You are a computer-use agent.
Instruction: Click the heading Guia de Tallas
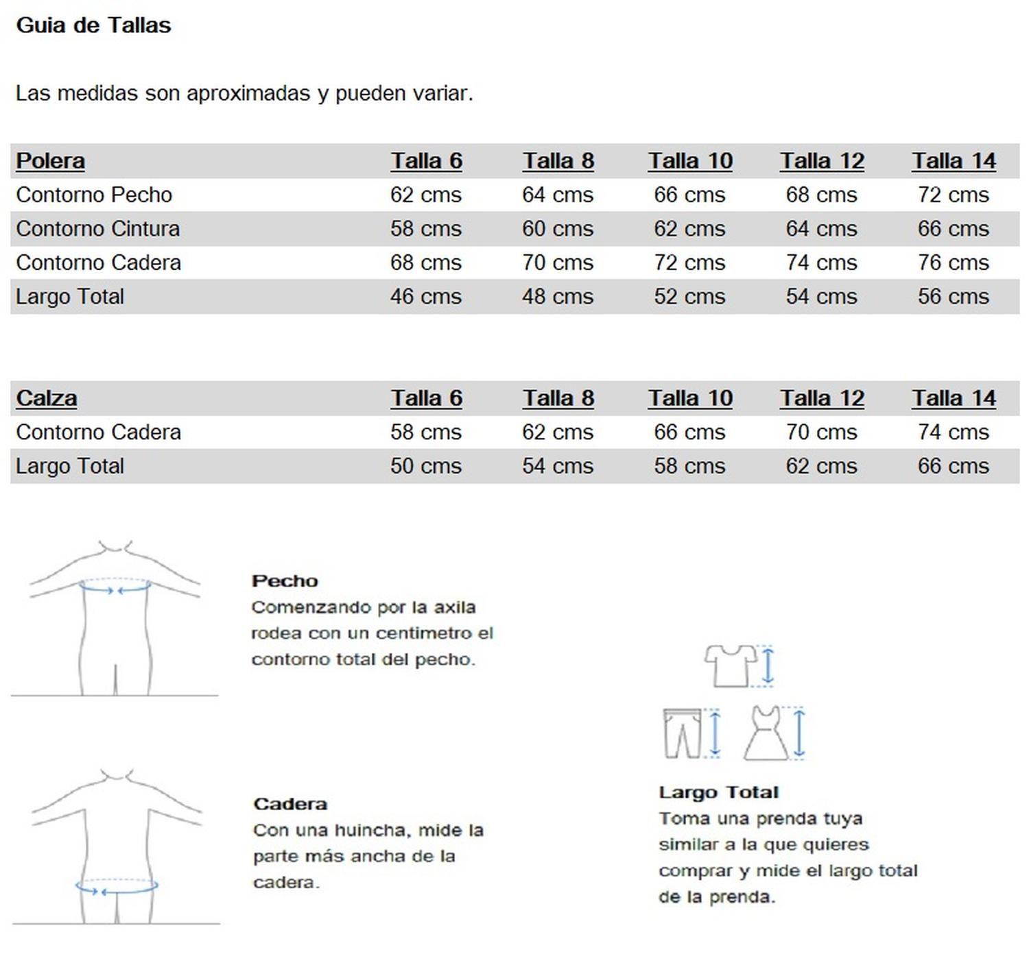(x=93, y=25)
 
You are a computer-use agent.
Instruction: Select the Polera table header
(x=50, y=161)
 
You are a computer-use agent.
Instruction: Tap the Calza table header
(x=46, y=398)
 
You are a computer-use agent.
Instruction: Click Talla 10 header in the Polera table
(x=690, y=161)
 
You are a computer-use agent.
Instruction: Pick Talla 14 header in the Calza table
(x=954, y=398)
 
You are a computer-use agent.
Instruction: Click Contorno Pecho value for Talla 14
(x=954, y=195)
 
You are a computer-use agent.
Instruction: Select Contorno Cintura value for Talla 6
(x=426, y=229)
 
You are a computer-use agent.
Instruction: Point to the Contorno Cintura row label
(x=97, y=229)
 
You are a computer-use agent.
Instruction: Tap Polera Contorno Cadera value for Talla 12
(x=821, y=262)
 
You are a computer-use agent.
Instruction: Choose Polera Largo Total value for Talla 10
(x=689, y=297)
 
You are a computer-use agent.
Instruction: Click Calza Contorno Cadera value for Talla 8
(x=558, y=432)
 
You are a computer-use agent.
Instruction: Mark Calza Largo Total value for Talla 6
(x=426, y=466)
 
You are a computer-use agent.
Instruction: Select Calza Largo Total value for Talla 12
(x=821, y=466)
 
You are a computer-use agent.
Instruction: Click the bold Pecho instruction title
(x=285, y=581)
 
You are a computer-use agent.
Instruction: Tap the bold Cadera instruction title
(x=289, y=804)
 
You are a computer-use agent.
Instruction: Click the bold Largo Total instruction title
(x=718, y=792)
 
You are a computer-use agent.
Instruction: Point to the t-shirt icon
(x=730, y=665)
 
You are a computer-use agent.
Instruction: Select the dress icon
(x=767, y=733)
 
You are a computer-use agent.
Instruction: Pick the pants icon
(x=683, y=733)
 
